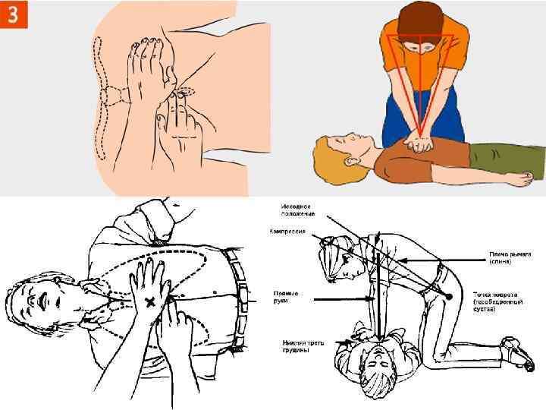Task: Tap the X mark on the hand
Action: coord(150,301)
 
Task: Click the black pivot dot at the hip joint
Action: coord(449,295)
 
